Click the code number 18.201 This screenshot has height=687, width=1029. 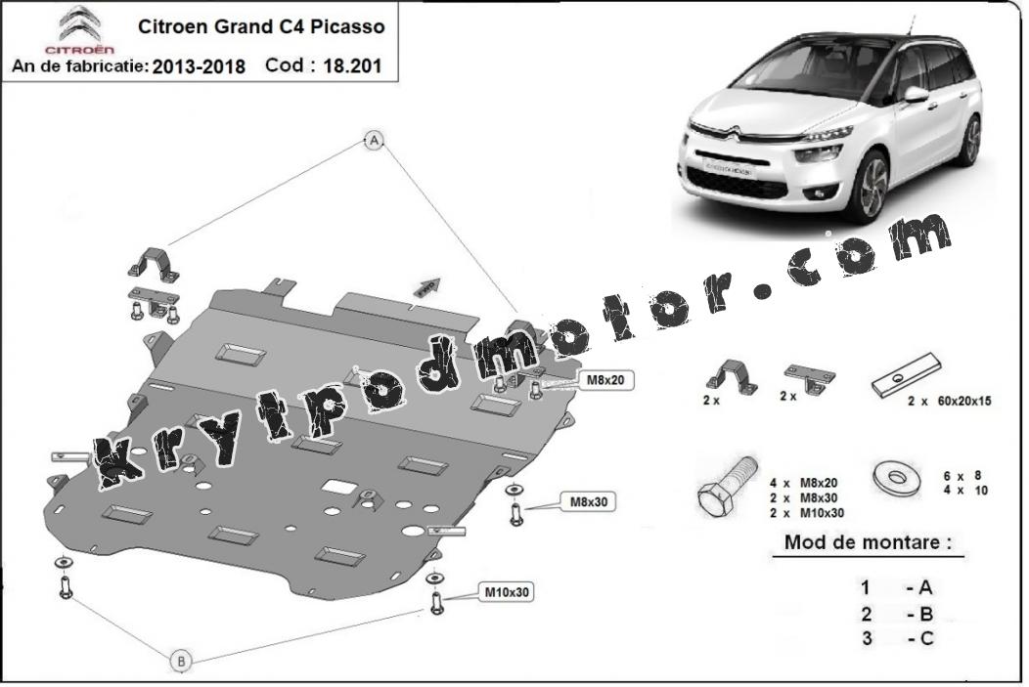352,66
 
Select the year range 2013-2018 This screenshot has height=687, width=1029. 199,66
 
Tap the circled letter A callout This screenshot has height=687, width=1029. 374,141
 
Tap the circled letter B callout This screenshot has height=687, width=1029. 181,661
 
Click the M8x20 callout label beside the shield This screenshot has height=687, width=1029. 605,379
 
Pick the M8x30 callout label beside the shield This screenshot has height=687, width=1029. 588,502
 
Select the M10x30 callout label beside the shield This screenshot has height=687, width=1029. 507,592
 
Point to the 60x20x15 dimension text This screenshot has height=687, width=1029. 963,402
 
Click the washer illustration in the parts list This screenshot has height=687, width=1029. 897,478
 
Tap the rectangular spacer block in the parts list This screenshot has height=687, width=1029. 907,374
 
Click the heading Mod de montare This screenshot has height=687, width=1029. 868,542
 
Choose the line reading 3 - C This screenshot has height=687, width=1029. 897,638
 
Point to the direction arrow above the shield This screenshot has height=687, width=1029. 426,286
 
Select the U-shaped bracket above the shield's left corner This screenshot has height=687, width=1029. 155,265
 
